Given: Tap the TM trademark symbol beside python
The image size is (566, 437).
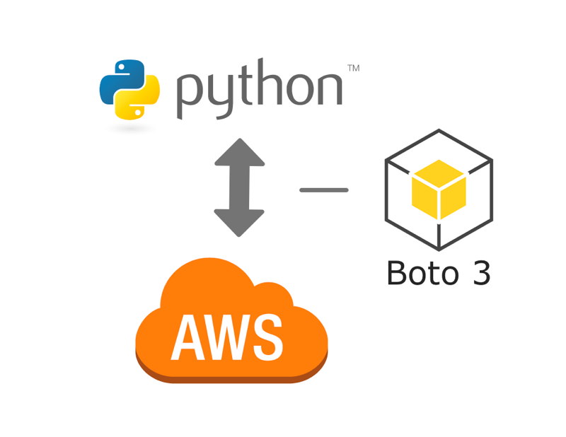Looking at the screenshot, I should point(353,69).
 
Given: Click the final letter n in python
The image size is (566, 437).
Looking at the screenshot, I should point(329,88).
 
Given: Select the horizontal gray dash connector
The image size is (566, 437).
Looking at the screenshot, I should point(324,190).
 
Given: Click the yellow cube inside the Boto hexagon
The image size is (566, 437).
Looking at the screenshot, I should point(439,190).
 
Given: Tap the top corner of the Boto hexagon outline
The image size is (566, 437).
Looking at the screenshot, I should point(439,131).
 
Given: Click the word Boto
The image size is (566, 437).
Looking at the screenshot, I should point(420,274).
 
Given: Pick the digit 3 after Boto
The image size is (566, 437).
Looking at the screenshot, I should point(480,274).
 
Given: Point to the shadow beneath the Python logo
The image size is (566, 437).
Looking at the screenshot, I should point(130,128).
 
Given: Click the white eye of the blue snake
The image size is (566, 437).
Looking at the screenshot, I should point(122,66).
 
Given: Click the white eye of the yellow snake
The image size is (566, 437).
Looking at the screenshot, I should point(138,112).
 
